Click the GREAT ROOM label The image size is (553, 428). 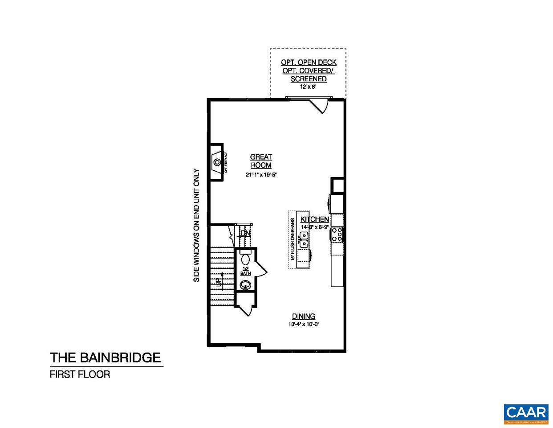tap(261, 161)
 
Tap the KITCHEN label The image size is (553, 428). tap(315, 219)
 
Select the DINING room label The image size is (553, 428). tap(304, 317)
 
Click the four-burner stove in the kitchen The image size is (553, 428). tap(337, 235)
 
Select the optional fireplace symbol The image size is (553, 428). tap(217, 161)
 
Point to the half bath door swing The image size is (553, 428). tap(260, 270)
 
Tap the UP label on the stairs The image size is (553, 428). tap(218, 282)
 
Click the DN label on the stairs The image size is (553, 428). tap(245, 233)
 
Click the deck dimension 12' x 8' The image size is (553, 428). tap(308, 87)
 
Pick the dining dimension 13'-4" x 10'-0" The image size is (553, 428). tap(304, 325)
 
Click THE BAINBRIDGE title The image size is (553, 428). tap(105, 358)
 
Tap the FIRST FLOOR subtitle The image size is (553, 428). tap(80, 374)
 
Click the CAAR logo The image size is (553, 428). tap(525, 413)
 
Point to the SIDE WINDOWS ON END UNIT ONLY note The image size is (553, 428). tap(196, 225)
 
